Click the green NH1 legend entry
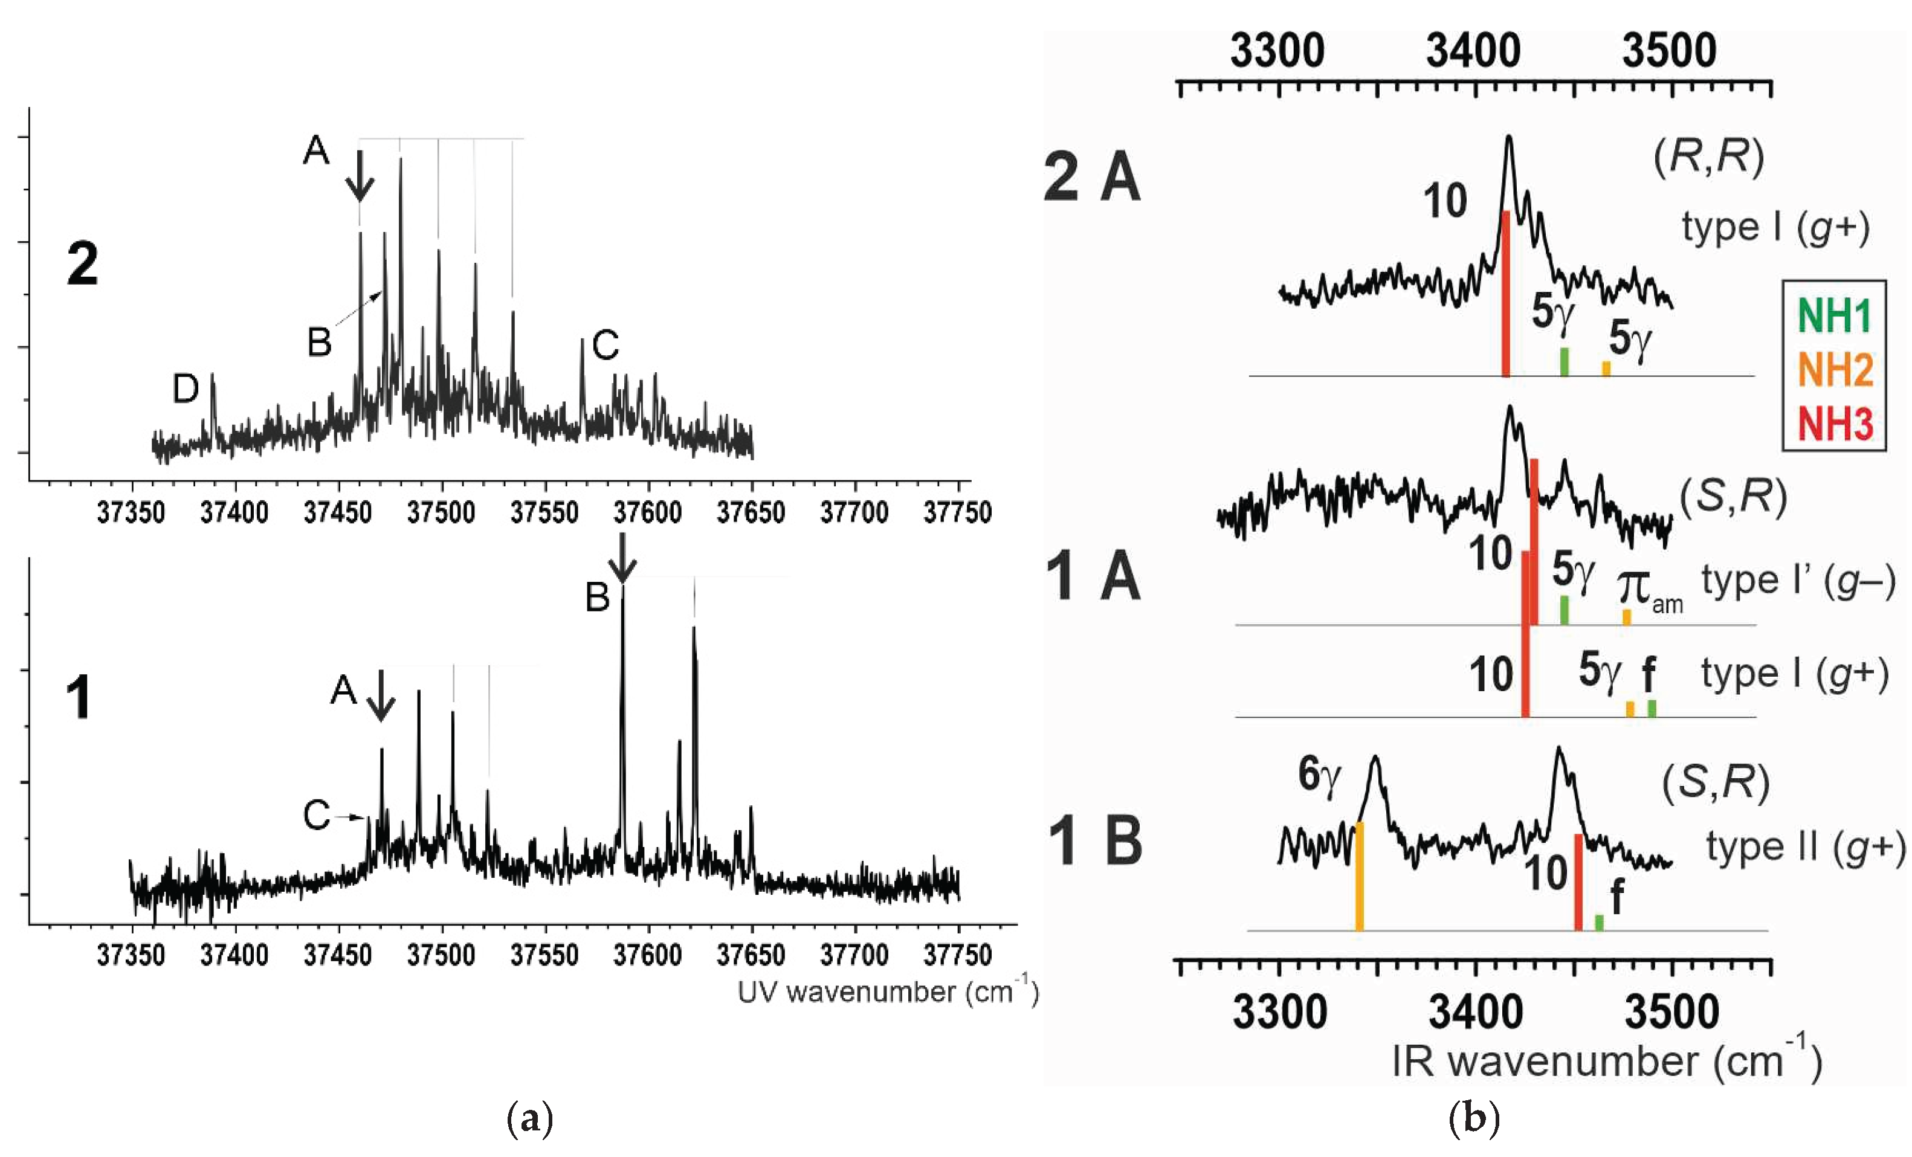click(1835, 316)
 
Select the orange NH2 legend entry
click(1835, 369)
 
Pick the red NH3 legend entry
click(1835, 424)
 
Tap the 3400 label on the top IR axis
click(1473, 51)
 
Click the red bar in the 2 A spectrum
click(1505, 293)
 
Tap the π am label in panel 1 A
click(1650, 590)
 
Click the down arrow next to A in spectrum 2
click(360, 176)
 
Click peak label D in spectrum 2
click(186, 388)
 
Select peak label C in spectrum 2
click(606, 346)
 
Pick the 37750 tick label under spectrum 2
click(957, 513)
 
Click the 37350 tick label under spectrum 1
click(131, 955)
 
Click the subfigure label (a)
click(529, 1119)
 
